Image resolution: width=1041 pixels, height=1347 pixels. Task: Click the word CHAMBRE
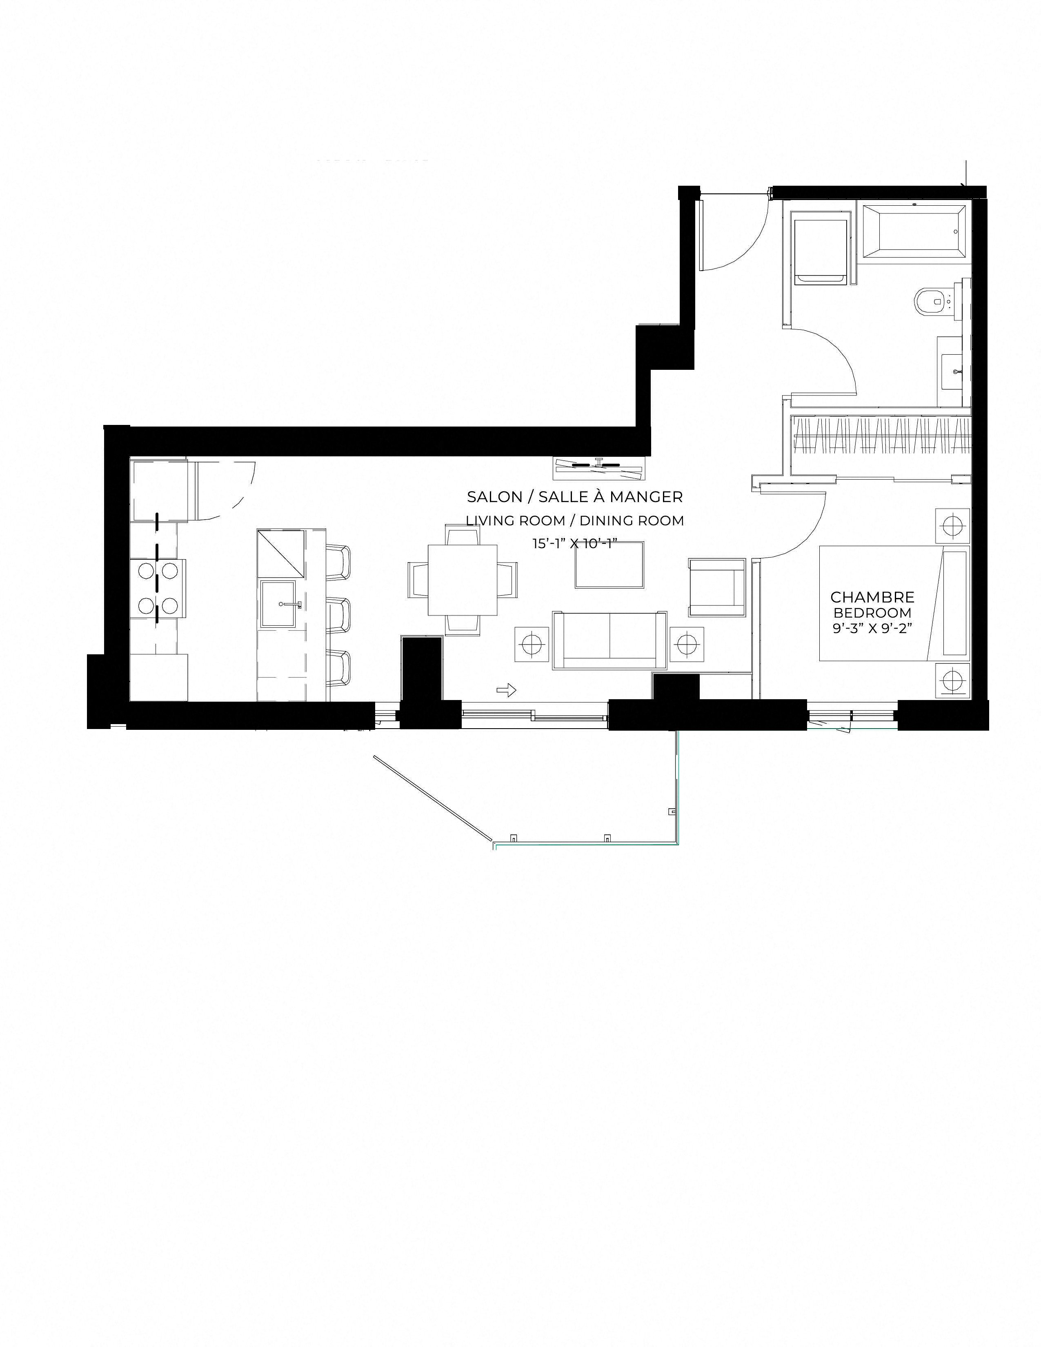pyautogui.click(x=872, y=597)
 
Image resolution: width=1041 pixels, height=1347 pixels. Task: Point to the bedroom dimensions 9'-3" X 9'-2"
pyautogui.click(x=872, y=630)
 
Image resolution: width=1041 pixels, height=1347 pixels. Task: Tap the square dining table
pyautogui.click(x=463, y=580)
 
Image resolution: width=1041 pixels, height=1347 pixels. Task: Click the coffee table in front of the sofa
pyautogui.click(x=609, y=565)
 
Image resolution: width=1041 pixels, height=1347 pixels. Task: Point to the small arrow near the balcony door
pyautogui.click(x=506, y=691)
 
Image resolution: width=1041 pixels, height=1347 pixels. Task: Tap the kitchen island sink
pyautogui.click(x=282, y=605)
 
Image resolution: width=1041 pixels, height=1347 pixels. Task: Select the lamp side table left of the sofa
pyautogui.click(x=531, y=644)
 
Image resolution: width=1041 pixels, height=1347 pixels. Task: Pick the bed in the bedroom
pyautogui.click(x=894, y=603)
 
